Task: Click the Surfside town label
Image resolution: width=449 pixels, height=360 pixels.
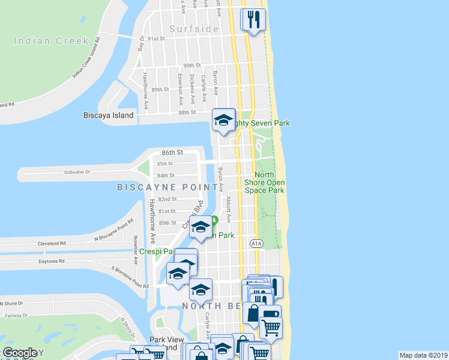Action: [x=193, y=29]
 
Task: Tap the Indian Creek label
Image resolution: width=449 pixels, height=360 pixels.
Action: [x=52, y=41]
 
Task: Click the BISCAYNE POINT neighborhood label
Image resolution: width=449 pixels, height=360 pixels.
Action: [x=166, y=188]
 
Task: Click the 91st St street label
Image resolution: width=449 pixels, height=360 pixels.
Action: [x=156, y=38]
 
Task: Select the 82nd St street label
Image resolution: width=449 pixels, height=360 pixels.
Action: [x=167, y=199]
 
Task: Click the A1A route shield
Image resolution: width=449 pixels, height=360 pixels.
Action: [x=256, y=243]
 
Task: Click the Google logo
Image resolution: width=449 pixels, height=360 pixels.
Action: [x=19, y=353]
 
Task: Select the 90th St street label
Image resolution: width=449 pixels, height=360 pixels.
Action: [x=192, y=65]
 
